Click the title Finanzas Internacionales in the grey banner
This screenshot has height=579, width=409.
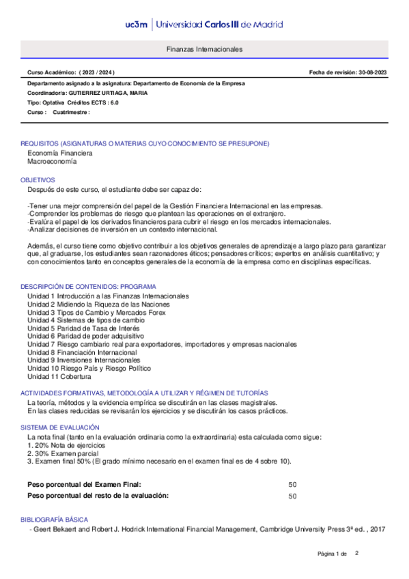(204, 50)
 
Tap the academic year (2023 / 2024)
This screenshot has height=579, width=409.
(98, 72)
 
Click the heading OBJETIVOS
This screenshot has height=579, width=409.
(38, 179)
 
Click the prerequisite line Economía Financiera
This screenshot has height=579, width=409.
(59, 154)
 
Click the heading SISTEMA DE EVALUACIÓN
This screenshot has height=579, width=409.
(61, 427)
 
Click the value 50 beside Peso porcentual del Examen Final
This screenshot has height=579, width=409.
(293, 484)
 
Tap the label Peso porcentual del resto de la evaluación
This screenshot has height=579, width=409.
(98, 496)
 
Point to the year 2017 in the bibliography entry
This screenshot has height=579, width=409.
(378, 529)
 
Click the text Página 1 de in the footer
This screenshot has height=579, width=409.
(333, 552)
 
